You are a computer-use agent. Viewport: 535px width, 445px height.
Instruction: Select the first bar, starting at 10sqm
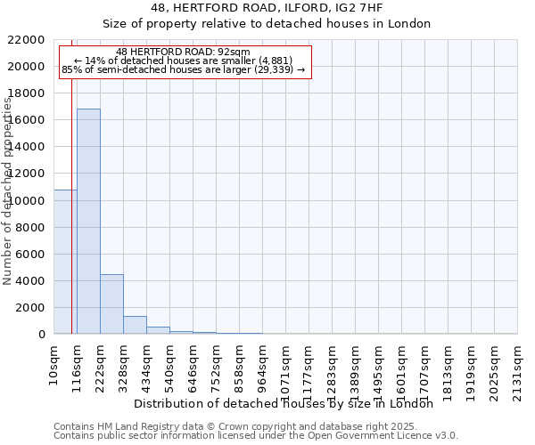coord(65,262)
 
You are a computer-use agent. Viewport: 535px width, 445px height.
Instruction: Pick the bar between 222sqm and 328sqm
coord(111,303)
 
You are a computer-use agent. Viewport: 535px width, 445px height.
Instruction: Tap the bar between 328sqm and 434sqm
coord(135,325)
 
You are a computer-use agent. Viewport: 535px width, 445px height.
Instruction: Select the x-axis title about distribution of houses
coord(289,403)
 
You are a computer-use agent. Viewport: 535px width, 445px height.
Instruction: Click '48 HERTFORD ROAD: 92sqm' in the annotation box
coord(183,53)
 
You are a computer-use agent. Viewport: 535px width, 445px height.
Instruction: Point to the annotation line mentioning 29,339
coord(183,69)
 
